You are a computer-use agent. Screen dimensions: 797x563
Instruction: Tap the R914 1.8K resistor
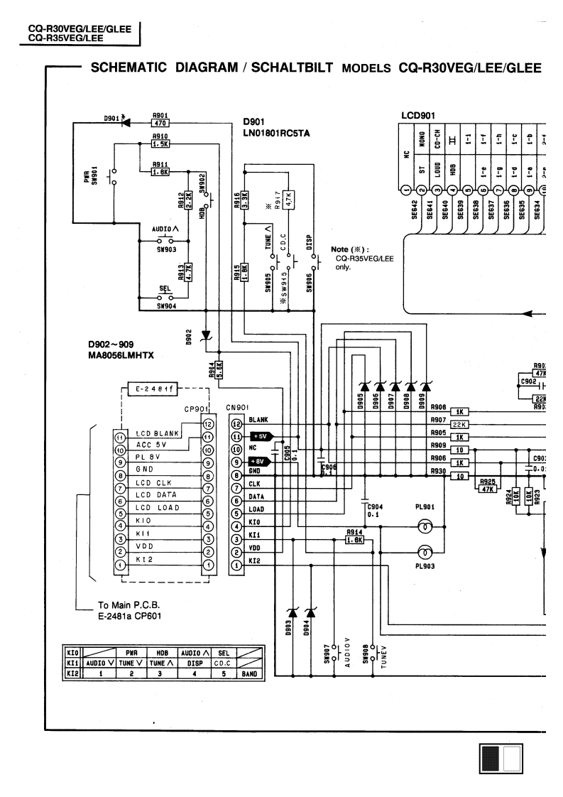tap(354, 540)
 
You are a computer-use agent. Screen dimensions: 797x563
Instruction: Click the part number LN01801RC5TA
tap(278, 133)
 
